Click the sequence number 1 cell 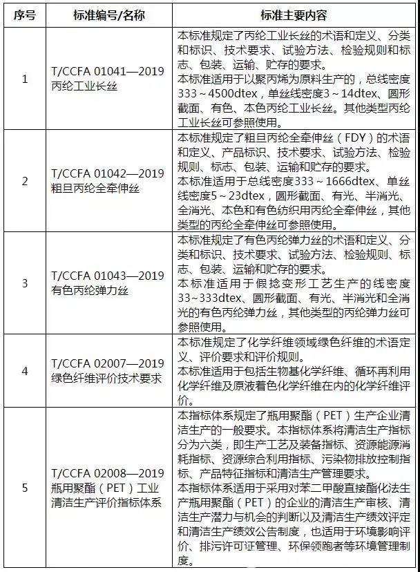[x=26, y=79]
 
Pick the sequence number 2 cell [x=26, y=181]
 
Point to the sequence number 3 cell [x=26, y=283]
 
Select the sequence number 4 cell [x=26, y=371]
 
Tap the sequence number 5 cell [x=26, y=487]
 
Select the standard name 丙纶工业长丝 [x=86, y=86]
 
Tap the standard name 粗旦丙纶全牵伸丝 [x=90, y=188]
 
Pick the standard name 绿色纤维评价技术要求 [x=106, y=379]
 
